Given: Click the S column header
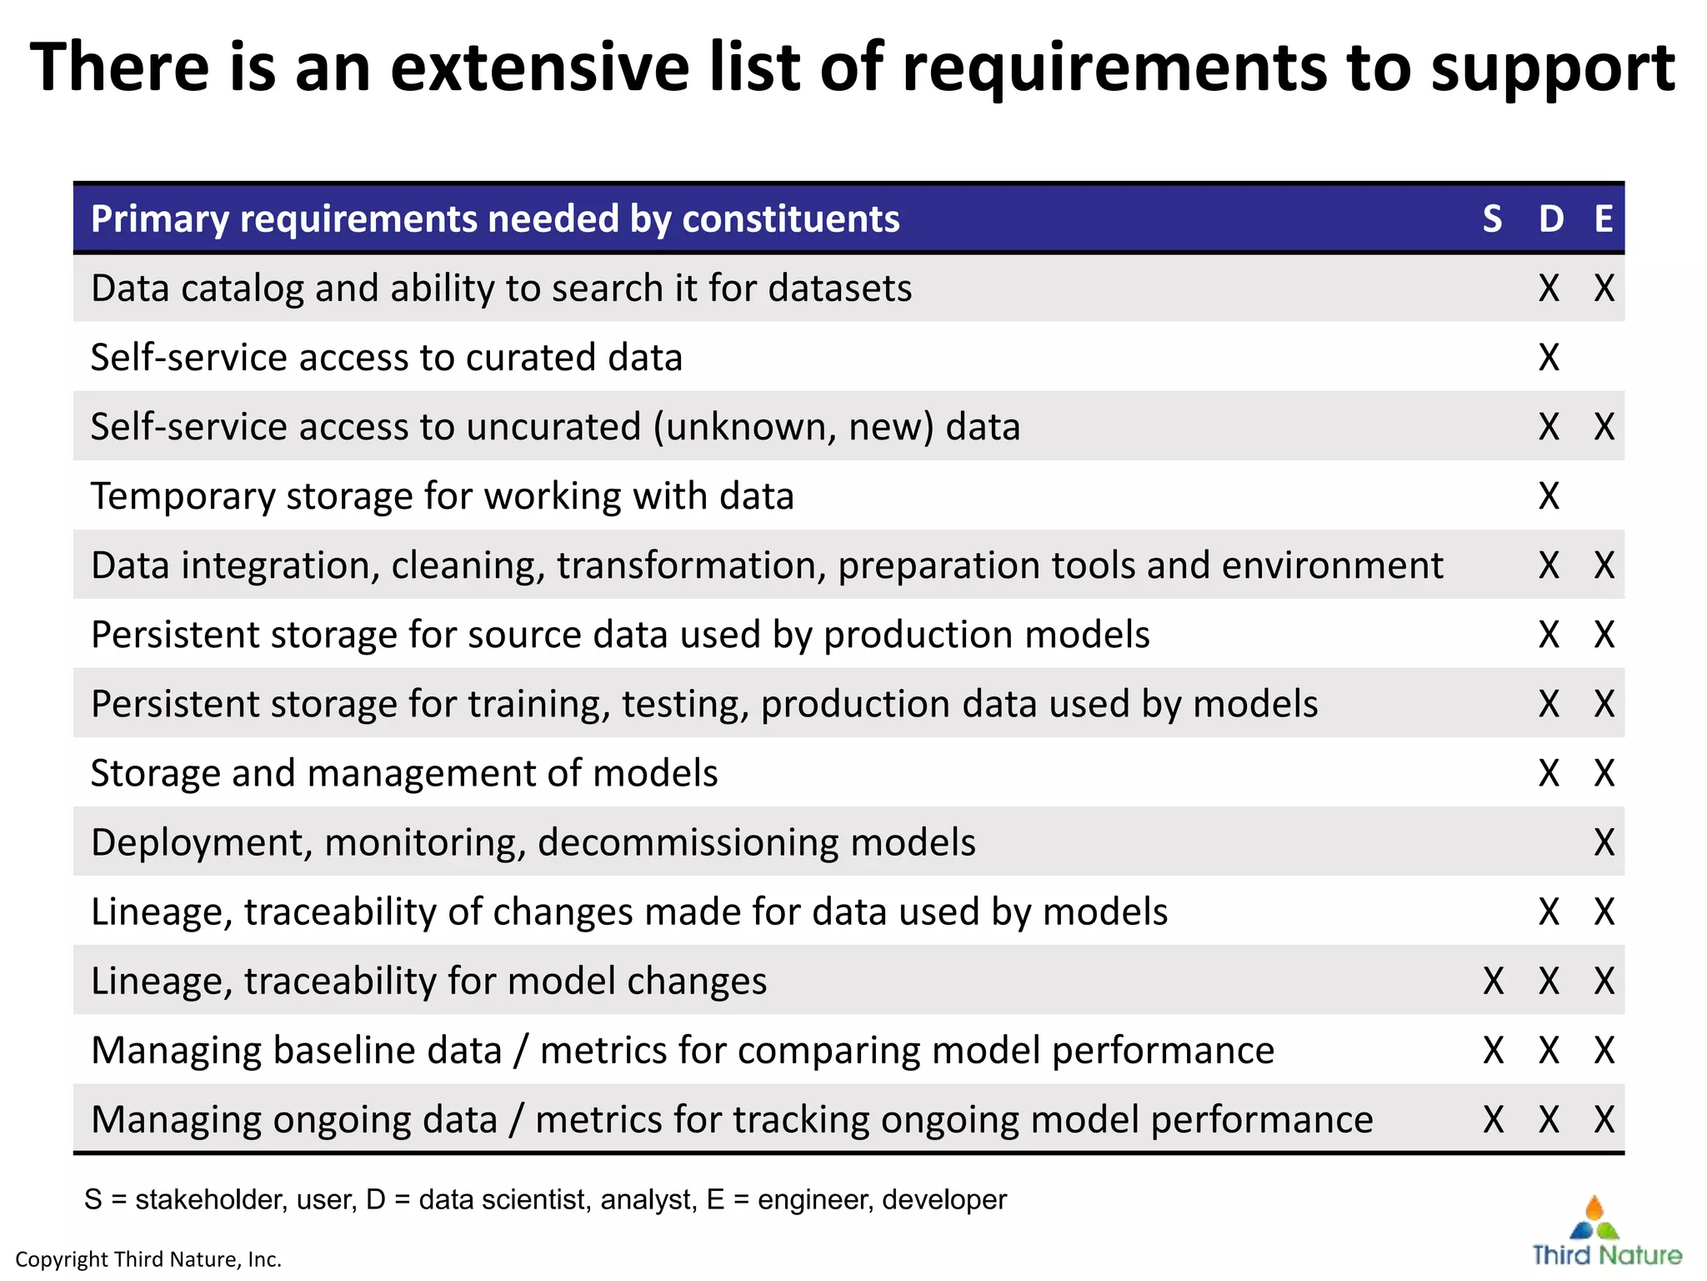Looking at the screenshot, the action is [1492, 219].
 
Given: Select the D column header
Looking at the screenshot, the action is [1550, 219].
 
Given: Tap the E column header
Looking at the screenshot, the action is [1604, 219].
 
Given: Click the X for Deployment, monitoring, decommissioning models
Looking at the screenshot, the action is [1604, 842].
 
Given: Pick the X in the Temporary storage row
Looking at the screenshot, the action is [1549, 496].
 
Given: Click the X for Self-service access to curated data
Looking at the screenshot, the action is [1549, 358].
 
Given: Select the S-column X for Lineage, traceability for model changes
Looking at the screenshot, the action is [1493, 981].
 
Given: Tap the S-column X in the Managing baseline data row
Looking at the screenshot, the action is [1493, 1050].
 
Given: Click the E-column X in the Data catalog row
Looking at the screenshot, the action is [1604, 289].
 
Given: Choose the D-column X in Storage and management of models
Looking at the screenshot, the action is [1549, 773].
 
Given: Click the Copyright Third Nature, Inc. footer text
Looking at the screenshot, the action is [148, 1259].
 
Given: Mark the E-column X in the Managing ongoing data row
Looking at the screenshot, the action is [1604, 1119].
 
